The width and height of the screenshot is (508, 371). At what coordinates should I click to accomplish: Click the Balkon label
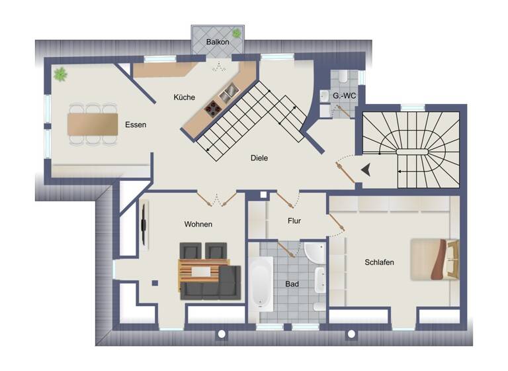click(x=218, y=42)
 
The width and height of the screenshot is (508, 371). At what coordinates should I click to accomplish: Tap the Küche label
click(x=184, y=97)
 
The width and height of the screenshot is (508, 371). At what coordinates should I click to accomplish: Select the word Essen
click(x=136, y=125)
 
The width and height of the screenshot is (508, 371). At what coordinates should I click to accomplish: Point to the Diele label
click(x=259, y=158)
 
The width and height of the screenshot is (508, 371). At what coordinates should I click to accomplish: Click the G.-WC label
click(x=345, y=97)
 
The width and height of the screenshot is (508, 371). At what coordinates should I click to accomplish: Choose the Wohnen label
click(x=198, y=224)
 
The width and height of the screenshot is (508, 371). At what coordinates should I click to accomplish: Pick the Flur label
click(x=295, y=221)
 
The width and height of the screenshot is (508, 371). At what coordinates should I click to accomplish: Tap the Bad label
click(x=292, y=284)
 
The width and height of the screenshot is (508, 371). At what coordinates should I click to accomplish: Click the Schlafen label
click(x=379, y=262)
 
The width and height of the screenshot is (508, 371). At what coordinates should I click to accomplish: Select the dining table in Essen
click(x=93, y=124)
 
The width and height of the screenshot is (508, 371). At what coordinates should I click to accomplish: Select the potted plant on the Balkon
click(x=236, y=33)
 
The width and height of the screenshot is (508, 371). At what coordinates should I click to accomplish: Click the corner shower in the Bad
click(x=314, y=253)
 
